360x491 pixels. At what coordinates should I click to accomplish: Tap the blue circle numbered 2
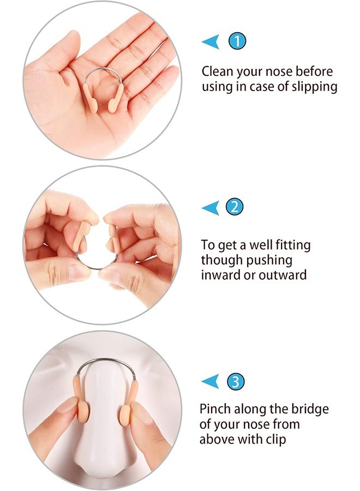(x=235, y=207)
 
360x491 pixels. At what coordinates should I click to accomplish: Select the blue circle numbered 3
(x=235, y=381)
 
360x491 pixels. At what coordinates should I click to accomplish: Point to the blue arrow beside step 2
(x=210, y=207)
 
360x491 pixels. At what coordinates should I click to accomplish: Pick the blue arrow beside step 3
(x=210, y=381)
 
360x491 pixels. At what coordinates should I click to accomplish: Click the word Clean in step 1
(x=217, y=71)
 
